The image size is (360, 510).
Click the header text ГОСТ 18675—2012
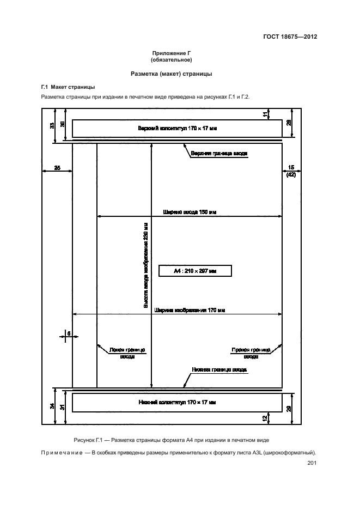click(x=290, y=37)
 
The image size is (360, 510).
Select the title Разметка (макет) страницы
click(x=172, y=74)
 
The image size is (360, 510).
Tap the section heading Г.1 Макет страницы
click(x=68, y=87)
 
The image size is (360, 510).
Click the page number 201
click(x=312, y=463)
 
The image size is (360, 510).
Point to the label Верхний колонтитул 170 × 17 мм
click(x=177, y=129)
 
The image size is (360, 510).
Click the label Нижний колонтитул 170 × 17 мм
click(x=177, y=402)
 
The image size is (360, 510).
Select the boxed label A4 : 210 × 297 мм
click(x=195, y=271)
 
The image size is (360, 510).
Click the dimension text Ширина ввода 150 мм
click(x=190, y=212)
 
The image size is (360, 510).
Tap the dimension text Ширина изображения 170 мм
click(x=190, y=310)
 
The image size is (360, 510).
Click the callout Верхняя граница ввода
click(x=219, y=153)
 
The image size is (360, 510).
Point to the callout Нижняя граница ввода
click(x=219, y=370)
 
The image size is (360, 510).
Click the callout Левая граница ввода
click(x=127, y=353)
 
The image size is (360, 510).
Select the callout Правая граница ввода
click(x=251, y=353)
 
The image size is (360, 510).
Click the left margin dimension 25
click(x=57, y=168)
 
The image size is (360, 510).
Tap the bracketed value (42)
click(x=291, y=175)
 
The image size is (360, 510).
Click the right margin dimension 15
click(x=291, y=167)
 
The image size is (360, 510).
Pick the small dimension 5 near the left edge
click(x=69, y=333)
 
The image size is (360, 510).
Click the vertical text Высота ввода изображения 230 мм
click(x=146, y=265)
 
